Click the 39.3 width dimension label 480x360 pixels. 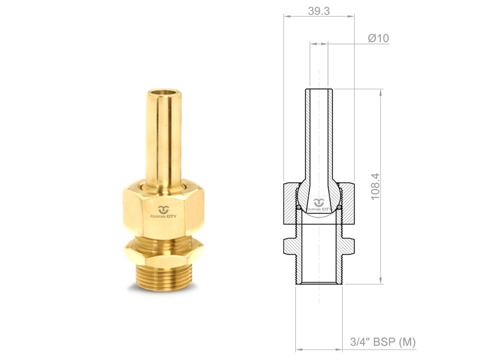point(319,11)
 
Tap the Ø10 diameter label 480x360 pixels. point(379,38)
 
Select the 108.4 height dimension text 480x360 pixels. point(375,187)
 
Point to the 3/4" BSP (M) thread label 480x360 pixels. point(383,342)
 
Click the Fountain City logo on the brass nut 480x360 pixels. point(163,212)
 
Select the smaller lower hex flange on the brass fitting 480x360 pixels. point(163,251)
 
